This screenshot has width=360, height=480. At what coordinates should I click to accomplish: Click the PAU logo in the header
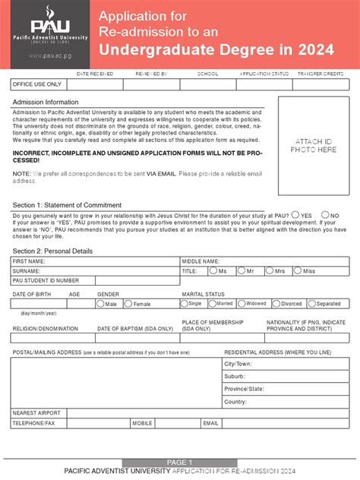[46, 25]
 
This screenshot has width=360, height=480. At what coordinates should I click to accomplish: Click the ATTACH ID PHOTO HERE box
[314, 147]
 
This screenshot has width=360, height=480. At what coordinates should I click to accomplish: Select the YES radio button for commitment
[296, 215]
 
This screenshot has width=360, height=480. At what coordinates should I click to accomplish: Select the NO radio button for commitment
[325, 215]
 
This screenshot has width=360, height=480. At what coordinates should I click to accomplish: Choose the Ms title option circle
[213, 270]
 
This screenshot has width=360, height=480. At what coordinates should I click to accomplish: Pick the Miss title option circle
[298, 270]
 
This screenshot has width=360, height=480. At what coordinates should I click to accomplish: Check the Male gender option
[100, 304]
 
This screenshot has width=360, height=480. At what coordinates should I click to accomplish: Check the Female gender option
[128, 304]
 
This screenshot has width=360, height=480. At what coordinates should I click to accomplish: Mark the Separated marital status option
[311, 304]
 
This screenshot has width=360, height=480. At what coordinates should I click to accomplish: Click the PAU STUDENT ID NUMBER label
[46, 280]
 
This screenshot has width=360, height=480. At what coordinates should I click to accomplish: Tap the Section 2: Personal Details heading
[52, 251]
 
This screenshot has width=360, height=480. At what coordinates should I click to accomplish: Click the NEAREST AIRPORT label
[36, 412]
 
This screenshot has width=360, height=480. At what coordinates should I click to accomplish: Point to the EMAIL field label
[210, 422]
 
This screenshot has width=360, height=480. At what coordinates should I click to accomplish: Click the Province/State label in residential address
[243, 388]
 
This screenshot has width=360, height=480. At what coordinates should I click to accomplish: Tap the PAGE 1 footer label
[180, 463]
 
